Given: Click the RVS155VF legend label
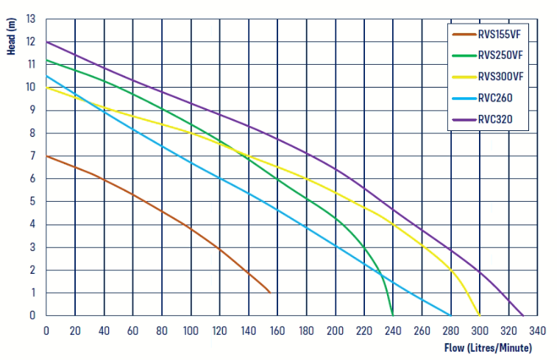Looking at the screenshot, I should [500, 33].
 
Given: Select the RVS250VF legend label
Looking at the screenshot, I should [500, 54].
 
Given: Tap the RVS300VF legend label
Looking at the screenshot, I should [500, 76].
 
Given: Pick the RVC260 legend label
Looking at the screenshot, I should [494, 97].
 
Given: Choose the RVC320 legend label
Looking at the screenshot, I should [494, 119].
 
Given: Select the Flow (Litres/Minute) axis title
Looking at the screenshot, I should [487, 347].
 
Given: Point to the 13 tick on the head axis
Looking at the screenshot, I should [31, 18].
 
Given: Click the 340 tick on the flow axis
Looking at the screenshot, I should [536, 330].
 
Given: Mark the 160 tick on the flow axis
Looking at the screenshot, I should [277, 330].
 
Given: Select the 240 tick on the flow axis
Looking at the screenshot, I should [392, 330].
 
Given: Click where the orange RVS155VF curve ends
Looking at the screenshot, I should [270, 293].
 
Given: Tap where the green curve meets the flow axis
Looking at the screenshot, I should [392, 315].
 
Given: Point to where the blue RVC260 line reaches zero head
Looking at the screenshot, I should [450, 315].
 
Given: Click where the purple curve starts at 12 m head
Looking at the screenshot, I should [46, 41].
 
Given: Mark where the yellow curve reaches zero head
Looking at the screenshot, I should [480, 315].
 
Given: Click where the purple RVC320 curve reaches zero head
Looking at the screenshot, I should [523, 315].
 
